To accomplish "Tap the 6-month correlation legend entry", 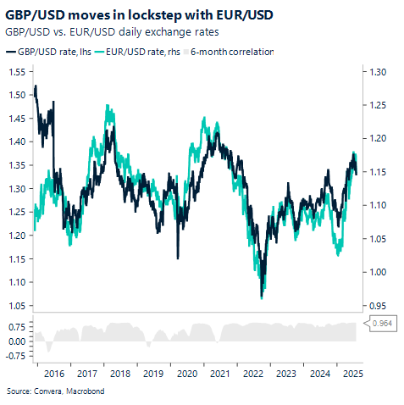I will coord(231,52).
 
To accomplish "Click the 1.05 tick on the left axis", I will coord(15,305).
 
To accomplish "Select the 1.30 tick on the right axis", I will coord(374,73).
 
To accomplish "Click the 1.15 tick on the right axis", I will coord(374,172).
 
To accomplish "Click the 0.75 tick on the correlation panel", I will coord(15,325).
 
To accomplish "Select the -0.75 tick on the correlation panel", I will coord(14,357).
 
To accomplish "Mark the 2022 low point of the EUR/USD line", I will coord(262,297).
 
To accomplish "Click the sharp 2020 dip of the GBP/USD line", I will coord(178,258).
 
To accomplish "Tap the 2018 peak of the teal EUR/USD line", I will coord(108,108).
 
